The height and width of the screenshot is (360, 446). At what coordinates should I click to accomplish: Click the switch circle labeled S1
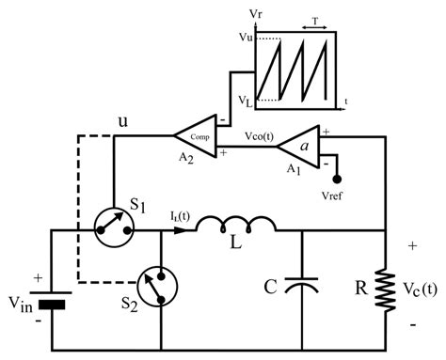114,227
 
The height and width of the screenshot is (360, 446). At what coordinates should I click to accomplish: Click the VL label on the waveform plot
246,99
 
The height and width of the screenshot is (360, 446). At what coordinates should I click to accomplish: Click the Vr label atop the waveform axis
257,14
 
